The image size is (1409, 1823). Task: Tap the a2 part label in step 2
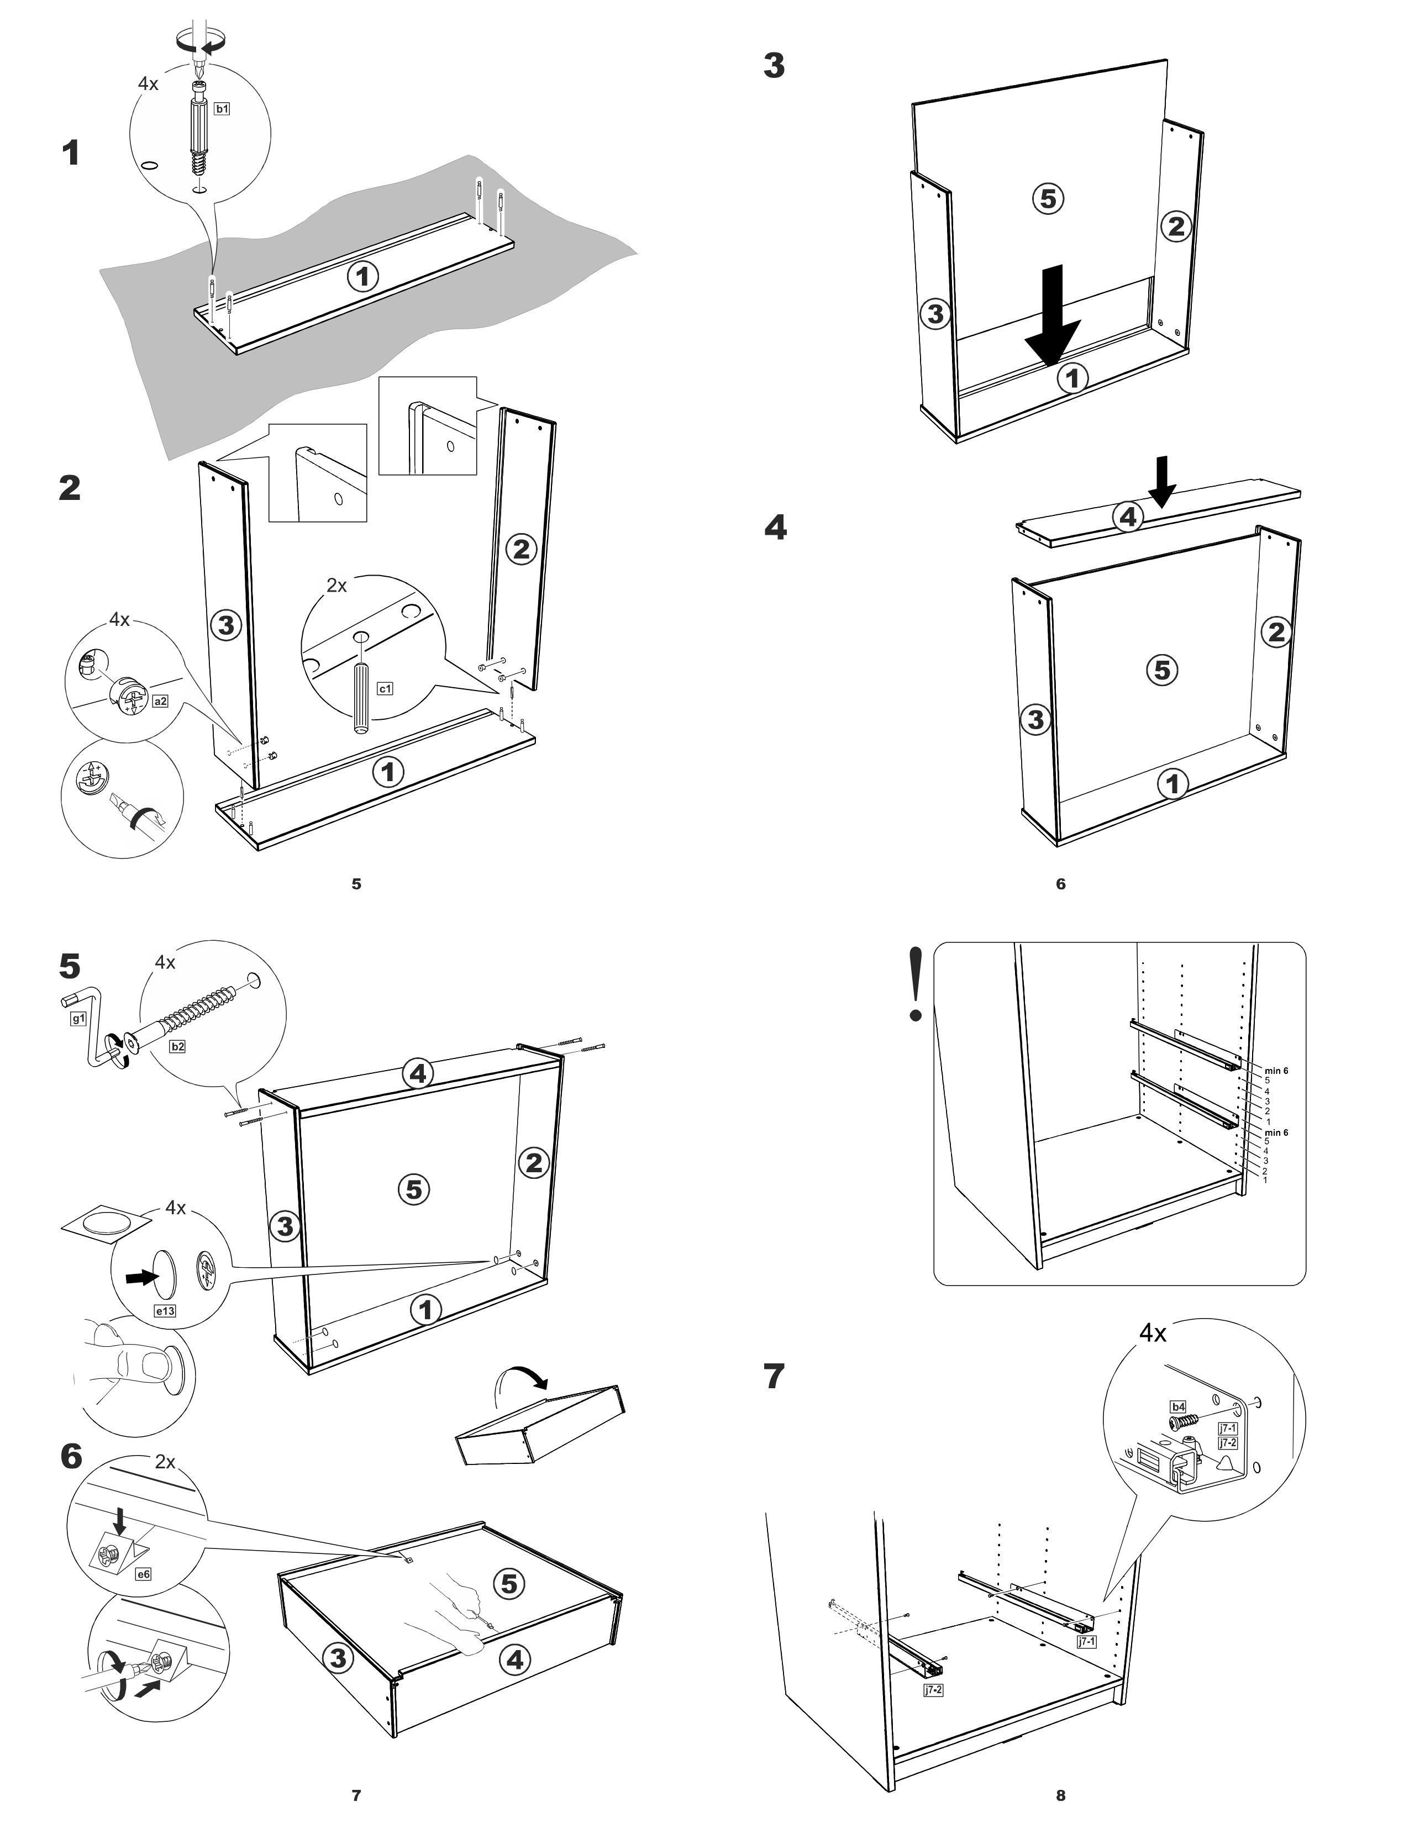coord(160,701)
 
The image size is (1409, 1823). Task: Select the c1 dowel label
coord(385,689)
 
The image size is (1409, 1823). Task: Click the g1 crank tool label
coord(77,1018)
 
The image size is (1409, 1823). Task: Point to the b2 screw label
coord(177,1046)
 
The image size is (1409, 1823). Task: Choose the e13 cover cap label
coord(165,1310)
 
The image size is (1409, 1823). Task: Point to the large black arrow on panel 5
coord(1053,315)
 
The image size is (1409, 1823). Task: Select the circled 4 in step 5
coord(417,1073)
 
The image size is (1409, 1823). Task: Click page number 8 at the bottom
coord(1060,1795)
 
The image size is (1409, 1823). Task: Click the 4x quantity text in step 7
coord(1153,1334)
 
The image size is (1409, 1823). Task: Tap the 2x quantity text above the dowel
coord(337,585)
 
